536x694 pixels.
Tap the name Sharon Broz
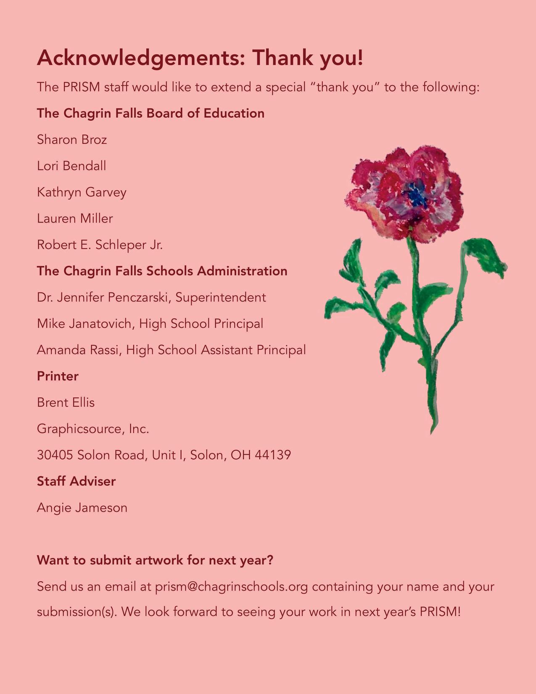point(72,139)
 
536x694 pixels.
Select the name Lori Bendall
point(71,166)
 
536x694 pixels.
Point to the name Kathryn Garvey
point(82,192)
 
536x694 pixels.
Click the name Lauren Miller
point(75,218)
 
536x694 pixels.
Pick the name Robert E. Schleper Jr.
point(100,245)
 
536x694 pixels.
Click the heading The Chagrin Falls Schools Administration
point(162,271)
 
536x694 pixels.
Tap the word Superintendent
point(221,297)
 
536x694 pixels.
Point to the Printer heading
point(58,376)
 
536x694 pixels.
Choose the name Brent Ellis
point(66,403)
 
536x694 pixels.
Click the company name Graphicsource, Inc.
point(93,429)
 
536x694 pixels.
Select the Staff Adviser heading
point(76,481)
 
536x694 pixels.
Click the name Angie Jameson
point(82,508)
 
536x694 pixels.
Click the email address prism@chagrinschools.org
point(232,586)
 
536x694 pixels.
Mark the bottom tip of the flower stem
point(432,432)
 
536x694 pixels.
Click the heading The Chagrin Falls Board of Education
point(151,113)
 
